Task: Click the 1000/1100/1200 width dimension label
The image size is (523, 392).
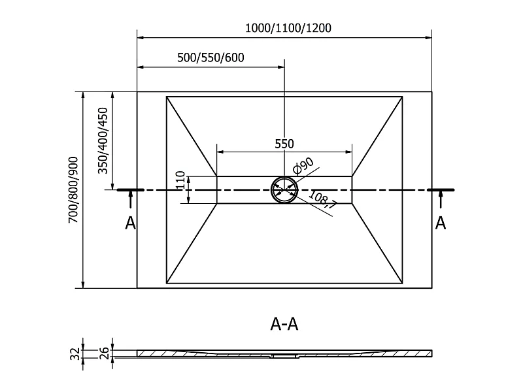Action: (x=288, y=28)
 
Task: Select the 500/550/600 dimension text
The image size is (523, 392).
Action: (x=211, y=57)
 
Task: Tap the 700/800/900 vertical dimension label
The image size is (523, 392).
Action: (x=73, y=189)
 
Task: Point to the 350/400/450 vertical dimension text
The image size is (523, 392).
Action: (x=103, y=140)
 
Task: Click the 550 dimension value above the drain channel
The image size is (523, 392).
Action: (x=284, y=144)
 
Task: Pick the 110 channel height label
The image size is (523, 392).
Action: (x=180, y=180)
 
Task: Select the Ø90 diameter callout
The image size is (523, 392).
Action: (x=303, y=165)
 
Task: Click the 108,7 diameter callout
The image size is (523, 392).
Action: (x=322, y=199)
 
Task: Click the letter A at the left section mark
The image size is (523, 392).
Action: (x=130, y=223)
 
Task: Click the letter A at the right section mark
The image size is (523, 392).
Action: (x=441, y=223)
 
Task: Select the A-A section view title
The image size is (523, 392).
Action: (x=284, y=323)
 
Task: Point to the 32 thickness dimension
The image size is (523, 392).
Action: (x=76, y=353)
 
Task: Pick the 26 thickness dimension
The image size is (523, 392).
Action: (x=105, y=353)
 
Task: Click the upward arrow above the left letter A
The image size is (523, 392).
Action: (x=131, y=200)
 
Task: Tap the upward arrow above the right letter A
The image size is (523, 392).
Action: (x=441, y=200)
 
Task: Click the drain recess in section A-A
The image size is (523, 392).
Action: (x=284, y=355)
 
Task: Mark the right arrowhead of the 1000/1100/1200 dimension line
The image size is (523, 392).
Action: (x=428, y=37)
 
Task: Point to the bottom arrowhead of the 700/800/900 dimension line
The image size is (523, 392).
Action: (x=83, y=284)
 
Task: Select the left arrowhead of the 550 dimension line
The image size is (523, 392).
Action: (x=220, y=152)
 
